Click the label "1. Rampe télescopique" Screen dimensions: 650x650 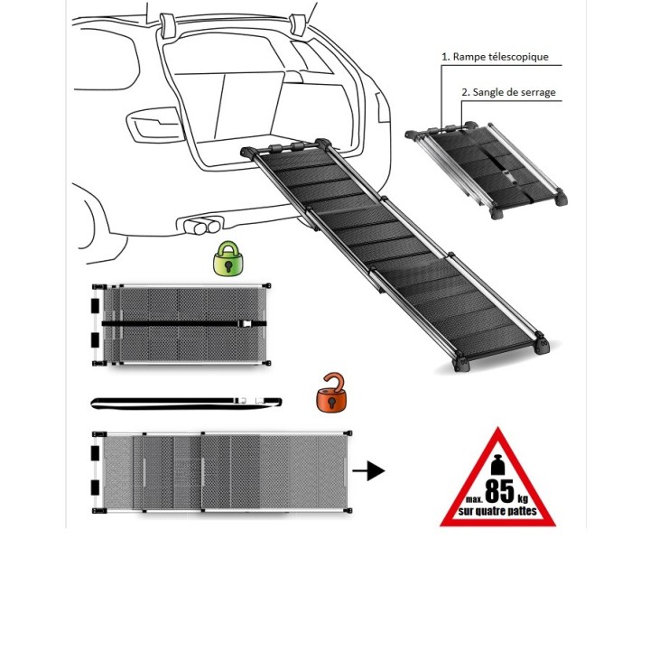point(494,56)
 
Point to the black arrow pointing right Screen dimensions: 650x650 point(368,470)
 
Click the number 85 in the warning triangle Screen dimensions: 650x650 point(500,491)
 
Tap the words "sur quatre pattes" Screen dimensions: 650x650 point(498,512)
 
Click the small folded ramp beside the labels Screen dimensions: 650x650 point(487,170)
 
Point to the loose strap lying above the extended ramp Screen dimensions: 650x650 point(185,401)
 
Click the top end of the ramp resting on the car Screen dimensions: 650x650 point(286,147)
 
